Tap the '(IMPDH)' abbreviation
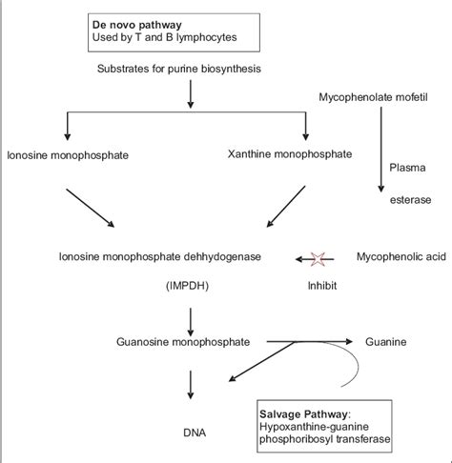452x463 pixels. (194, 283)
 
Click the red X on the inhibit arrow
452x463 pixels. (316, 257)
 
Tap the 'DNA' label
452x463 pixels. (194, 431)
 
